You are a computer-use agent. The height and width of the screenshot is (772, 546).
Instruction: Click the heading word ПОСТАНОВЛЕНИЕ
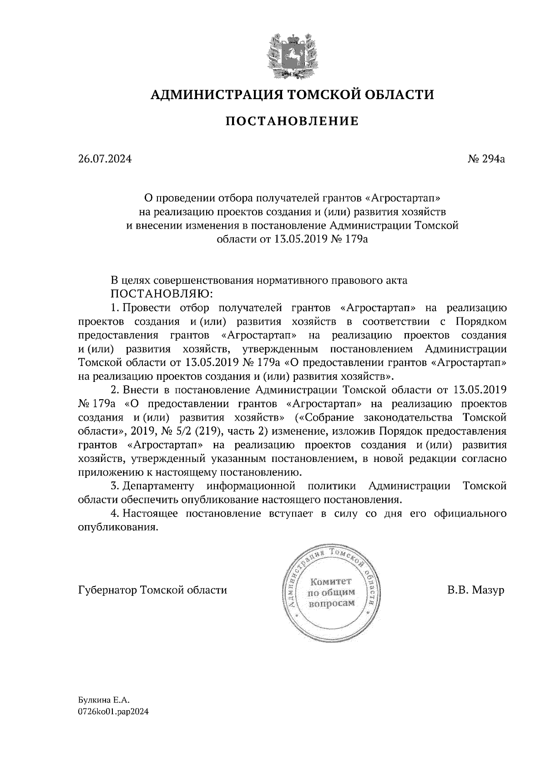(x=293, y=121)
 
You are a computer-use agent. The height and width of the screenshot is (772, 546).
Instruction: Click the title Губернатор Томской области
(x=152, y=591)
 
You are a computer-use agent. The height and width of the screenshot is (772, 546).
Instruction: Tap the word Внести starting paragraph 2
(x=140, y=390)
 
